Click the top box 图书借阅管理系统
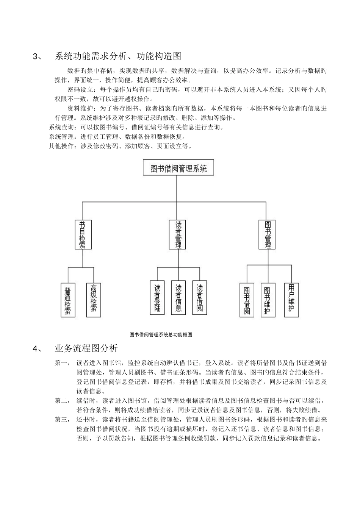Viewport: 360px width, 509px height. pyautogui.click(x=178, y=167)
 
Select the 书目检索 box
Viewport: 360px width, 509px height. pyautogui.click(x=83, y=234)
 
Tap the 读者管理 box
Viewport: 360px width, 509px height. pyautogui.click(x=177, y=234)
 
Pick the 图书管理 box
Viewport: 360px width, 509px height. pyautogui.click(x=267, y=234)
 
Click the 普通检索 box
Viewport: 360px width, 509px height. pyautogui.click(x=68, y=300)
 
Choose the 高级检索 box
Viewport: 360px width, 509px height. pyautogui.click(x=94, y=300)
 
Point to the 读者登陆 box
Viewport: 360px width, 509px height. pyautogui.click(x=157, y=298)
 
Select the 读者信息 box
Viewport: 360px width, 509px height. pyautogui.click(x=178, y=298)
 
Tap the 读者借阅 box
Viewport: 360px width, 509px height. pyautogui.click(x=200, y=298)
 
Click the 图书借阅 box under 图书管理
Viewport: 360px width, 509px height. pyautogui.click(x=247, y=300)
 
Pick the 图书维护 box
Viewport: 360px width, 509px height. pyautogui.click(x=268, y=300)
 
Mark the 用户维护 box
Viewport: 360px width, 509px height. pyautogui.click(x=291, y=300)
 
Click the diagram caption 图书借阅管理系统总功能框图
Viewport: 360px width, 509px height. pyautogui.click(x=161, y=335)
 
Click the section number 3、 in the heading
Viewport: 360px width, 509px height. pyautogui.click(x=37, y=56)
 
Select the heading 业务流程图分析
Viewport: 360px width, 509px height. pyautogui.click(x=86, y=348)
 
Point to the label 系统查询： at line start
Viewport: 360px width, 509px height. pyautogui.click(x=64, y=127)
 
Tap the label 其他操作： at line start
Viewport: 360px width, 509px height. pyautogui.click(x=64, y=146)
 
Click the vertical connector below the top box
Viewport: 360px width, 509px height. pyautogui.click(x=176, y=189)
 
